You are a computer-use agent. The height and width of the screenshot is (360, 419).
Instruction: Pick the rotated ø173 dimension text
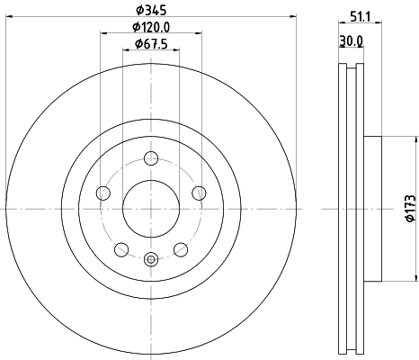click(x=409, y=209)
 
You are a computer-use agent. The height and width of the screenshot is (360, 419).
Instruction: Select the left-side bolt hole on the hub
click(x=103, y=193)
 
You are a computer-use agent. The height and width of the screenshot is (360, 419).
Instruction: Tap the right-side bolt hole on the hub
click(x=199, y=192)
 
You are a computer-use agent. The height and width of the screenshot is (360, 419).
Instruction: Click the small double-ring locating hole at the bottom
click(x=151, y=261)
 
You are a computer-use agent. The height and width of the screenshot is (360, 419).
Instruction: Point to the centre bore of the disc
click(x=151, y=209)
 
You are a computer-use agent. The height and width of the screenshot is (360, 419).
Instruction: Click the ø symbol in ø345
click(x=138, y=11)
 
